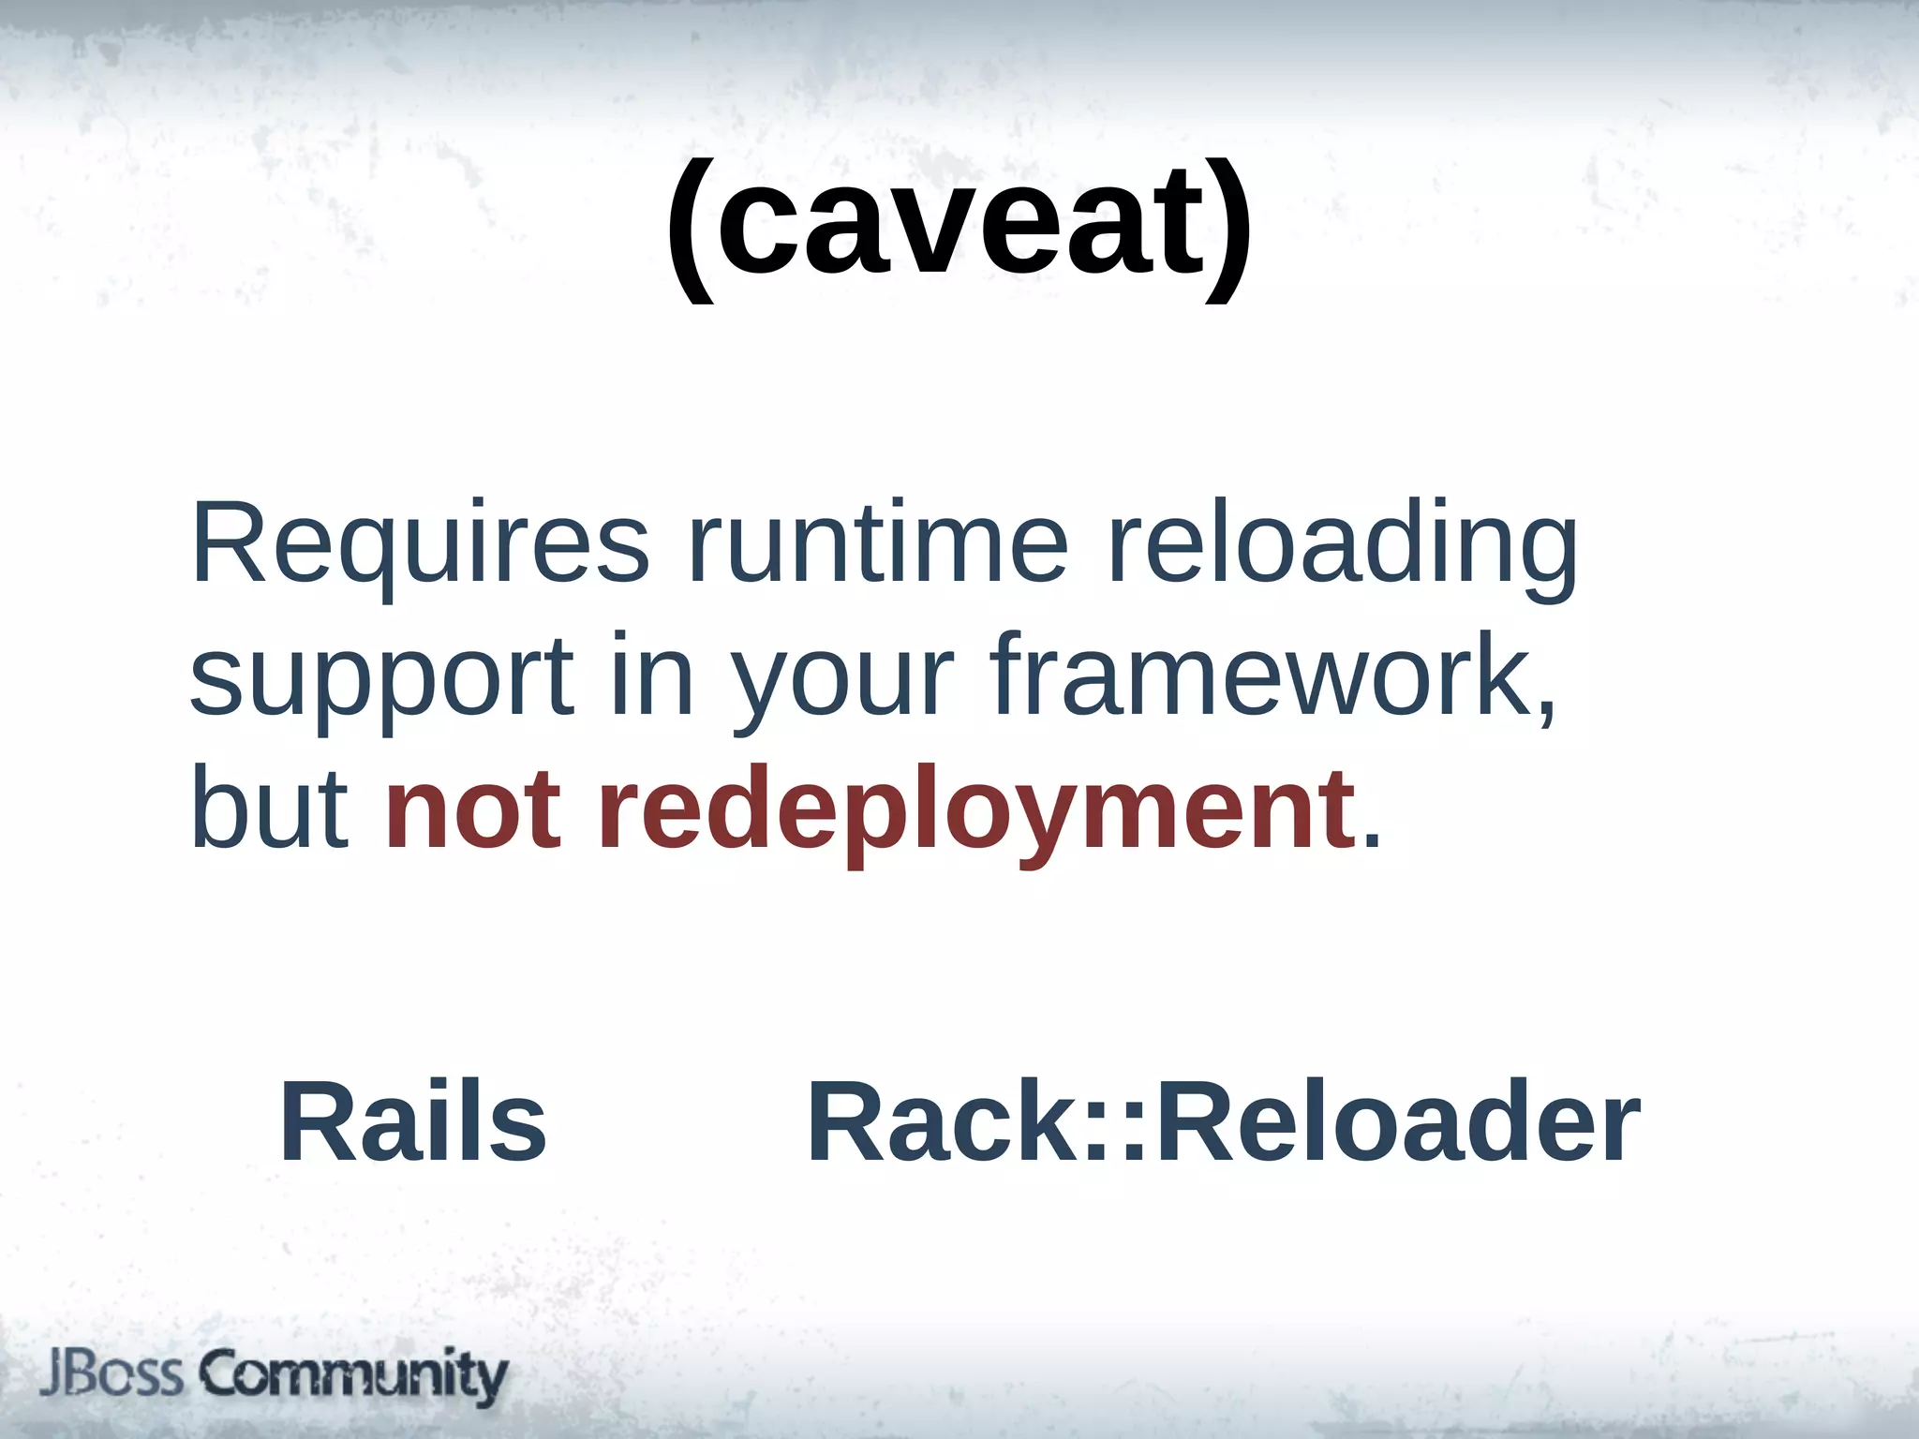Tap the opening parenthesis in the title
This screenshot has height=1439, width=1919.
692,230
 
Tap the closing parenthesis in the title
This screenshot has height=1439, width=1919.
1228,230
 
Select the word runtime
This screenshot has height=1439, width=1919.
878,543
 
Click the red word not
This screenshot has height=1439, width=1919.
473,808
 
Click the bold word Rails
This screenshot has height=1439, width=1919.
413,1121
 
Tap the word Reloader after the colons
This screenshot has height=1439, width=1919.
1398,1121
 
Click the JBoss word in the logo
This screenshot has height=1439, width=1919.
112,1374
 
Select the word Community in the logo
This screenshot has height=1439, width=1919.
353,1375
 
